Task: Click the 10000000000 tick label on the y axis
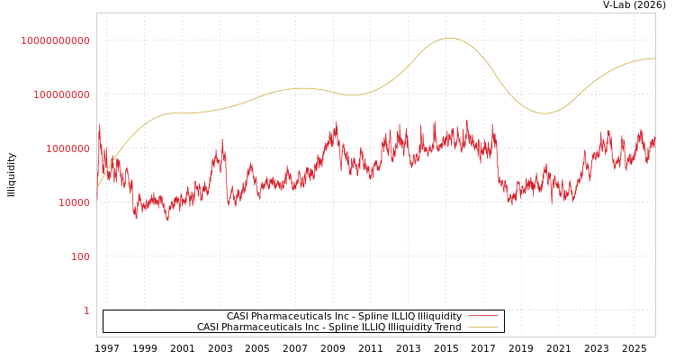[x=56, y=40]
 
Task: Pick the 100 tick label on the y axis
[x=81, y=256]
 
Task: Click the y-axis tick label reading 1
[x=87, y=310]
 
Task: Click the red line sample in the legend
[x=483, y=317]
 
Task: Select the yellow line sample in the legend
[x=483, y=328]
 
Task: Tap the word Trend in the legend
[x=447, y=328]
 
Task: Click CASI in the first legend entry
[x=238, y=317]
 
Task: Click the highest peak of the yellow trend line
[x=449, y=38]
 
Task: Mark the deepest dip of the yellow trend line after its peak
[x=544, y=113]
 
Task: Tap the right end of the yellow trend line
[x=654, y=58]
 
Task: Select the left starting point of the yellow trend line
[x=97, y=188]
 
